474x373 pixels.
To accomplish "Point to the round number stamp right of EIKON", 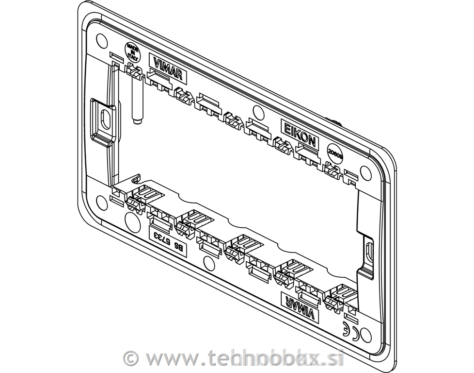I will (335, 153).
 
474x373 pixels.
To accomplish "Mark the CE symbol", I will (350, 330).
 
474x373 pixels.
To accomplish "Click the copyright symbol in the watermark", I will (130, 358).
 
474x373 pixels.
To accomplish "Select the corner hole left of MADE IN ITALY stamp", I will (101, 38).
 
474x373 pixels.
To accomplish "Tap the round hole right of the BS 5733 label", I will (207, 262).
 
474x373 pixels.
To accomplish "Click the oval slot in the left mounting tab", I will (104, 117).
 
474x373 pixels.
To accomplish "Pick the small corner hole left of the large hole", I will (101, 200).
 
